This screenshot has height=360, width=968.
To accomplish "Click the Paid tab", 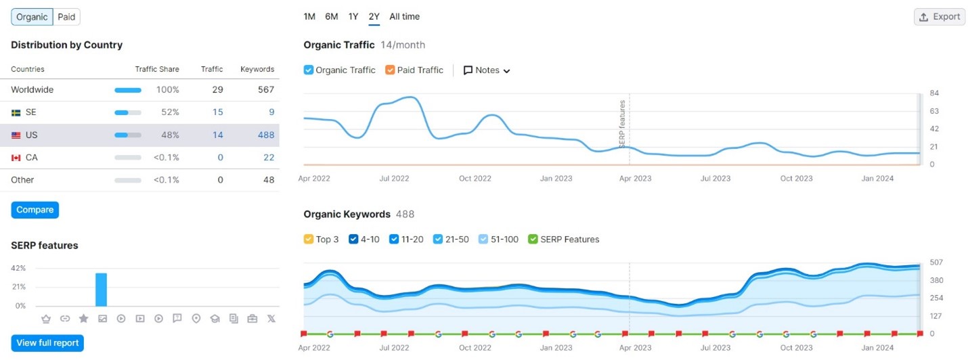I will click(x=66, y=17).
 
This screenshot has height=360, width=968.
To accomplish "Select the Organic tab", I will click(x=32, y=17).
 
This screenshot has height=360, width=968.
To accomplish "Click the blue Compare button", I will click(x=35, y=210).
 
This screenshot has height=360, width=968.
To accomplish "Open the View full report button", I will click(x=47, y=343).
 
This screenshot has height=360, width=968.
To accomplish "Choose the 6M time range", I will click(x=331, y=17).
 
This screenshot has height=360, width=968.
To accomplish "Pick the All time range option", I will click(x=404, y=17).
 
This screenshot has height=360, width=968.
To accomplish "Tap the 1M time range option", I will click(x=309, y=17).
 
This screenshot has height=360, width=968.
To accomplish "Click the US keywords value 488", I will click(x=266, y=135).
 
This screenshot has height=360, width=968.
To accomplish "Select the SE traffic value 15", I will click(x=217, y=112).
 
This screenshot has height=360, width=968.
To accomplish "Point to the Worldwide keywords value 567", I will click(x=265, y=90).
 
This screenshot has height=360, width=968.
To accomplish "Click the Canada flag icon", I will click(x=16, y=158).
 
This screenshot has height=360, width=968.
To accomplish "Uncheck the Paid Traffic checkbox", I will click(x=390, y=70).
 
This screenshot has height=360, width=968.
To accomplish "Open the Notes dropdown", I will click(x=487, y=70).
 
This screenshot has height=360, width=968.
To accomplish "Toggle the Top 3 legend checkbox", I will click(x=309, y=239).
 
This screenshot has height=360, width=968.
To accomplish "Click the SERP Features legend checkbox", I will click(x=533, y=239).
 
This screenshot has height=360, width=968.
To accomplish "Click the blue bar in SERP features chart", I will click(x=101, y=290).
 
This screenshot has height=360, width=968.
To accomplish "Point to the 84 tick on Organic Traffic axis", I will click(x=933, y=93).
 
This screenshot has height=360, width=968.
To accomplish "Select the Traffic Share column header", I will click(x=157, y=69).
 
